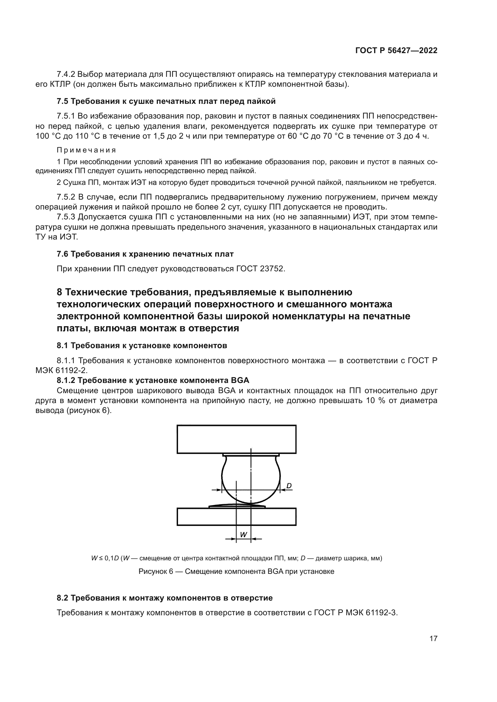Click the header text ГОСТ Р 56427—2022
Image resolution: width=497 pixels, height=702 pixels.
(x=396, y=51)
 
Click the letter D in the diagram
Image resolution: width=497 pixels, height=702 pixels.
(x=288, y=486)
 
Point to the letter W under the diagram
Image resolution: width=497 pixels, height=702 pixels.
(x=244, y=535)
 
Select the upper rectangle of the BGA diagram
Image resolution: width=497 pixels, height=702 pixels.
(x=236, y=439)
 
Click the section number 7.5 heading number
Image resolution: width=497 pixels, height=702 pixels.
(x=63, y=101)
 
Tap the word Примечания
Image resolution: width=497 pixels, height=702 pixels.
(x=86, y=150)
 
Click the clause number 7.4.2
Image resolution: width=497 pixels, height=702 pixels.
(x=66, y=74)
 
